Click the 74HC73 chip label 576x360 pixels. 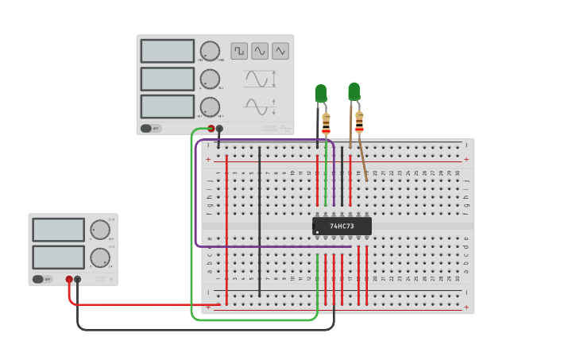point(342,226)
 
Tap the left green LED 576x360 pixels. point(320,94)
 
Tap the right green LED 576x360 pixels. point(354,91)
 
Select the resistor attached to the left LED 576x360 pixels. point(326,123)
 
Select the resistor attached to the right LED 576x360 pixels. point(359,122)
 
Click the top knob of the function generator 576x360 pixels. point(210,51)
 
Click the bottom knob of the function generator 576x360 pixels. point(210,106)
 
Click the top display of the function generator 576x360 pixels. point(168,51)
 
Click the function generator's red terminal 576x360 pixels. point(211,128)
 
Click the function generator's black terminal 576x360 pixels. point(219,128)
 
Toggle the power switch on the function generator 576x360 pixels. point(147,128)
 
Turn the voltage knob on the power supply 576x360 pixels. point(99,230)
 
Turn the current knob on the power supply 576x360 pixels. point(99,257)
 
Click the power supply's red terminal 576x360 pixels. point(69,279)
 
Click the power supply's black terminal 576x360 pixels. point(77,279)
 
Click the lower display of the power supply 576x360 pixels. point(58,257)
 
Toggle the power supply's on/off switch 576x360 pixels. point(38,279)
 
